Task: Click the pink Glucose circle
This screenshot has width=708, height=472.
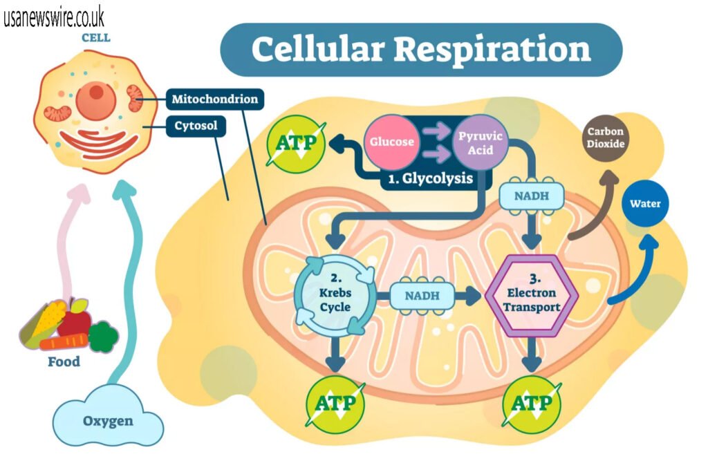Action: click(391, 142)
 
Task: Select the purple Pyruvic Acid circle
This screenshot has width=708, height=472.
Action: click(480, 141)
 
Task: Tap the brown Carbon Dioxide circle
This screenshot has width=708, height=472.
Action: click(606, 138)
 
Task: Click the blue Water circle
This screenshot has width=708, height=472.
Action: click(644, 204)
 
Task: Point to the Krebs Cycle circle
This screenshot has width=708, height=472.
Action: click(335, 296)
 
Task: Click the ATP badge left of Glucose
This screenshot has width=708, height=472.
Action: click(296, 144)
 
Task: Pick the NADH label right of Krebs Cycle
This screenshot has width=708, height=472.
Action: click(422, 296)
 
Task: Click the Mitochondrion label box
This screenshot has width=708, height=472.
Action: click(215, 99)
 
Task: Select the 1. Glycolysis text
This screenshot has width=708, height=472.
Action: click(430, 178)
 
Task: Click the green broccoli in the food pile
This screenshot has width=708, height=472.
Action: click(103, 335)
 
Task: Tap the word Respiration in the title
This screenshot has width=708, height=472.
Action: click(499, 50)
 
